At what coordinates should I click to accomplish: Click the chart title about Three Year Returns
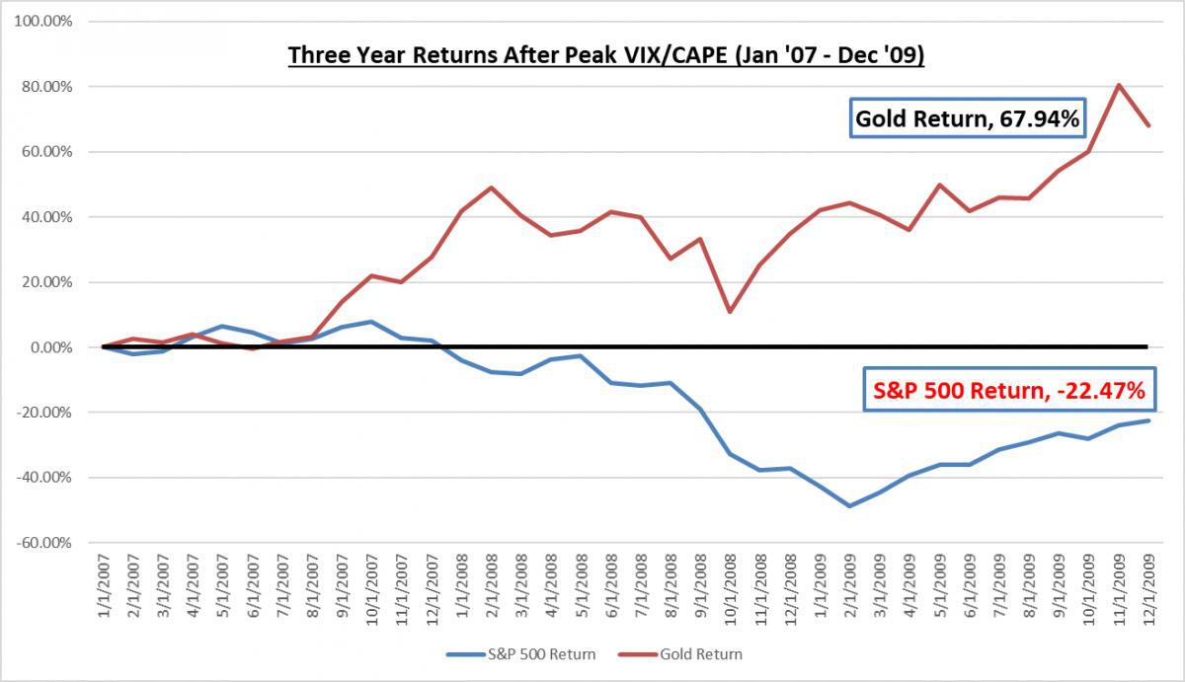click(x=605, y=54)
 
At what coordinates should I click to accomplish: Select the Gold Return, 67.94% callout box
click(x=967, y=120)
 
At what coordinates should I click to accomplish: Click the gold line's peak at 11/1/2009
click(x=1118, y=85)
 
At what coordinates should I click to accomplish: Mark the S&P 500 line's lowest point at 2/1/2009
click(x=849, y=505)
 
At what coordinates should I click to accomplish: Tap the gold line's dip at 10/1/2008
click(x=730, y=312)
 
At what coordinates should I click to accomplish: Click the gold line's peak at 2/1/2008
click(x=491, y=188)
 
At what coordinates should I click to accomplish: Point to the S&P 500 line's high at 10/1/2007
click(x=371, y=322)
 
